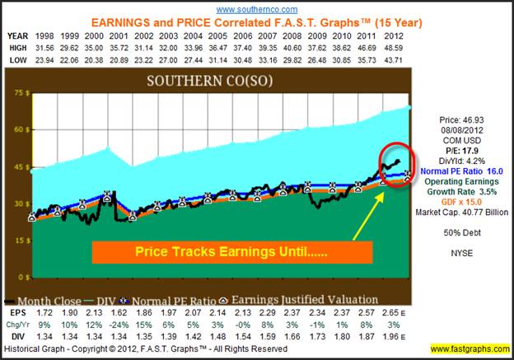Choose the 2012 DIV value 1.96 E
coord(395,336)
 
